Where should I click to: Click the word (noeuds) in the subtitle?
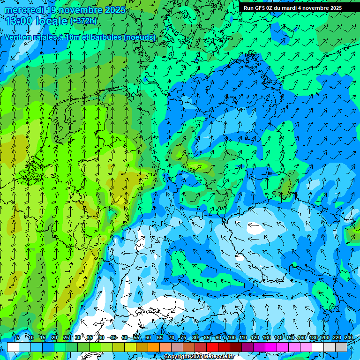point(139,37)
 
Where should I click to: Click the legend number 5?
point(18,337)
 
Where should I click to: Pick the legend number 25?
point(66,337)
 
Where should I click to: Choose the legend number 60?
point(148,337)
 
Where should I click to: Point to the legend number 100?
point(231,337)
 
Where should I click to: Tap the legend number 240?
point(349,337)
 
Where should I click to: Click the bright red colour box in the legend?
point(212,347)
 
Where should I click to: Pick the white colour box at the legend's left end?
point(13,347)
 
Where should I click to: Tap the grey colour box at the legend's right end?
point(341,347)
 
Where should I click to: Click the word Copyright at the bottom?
point(177,357)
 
